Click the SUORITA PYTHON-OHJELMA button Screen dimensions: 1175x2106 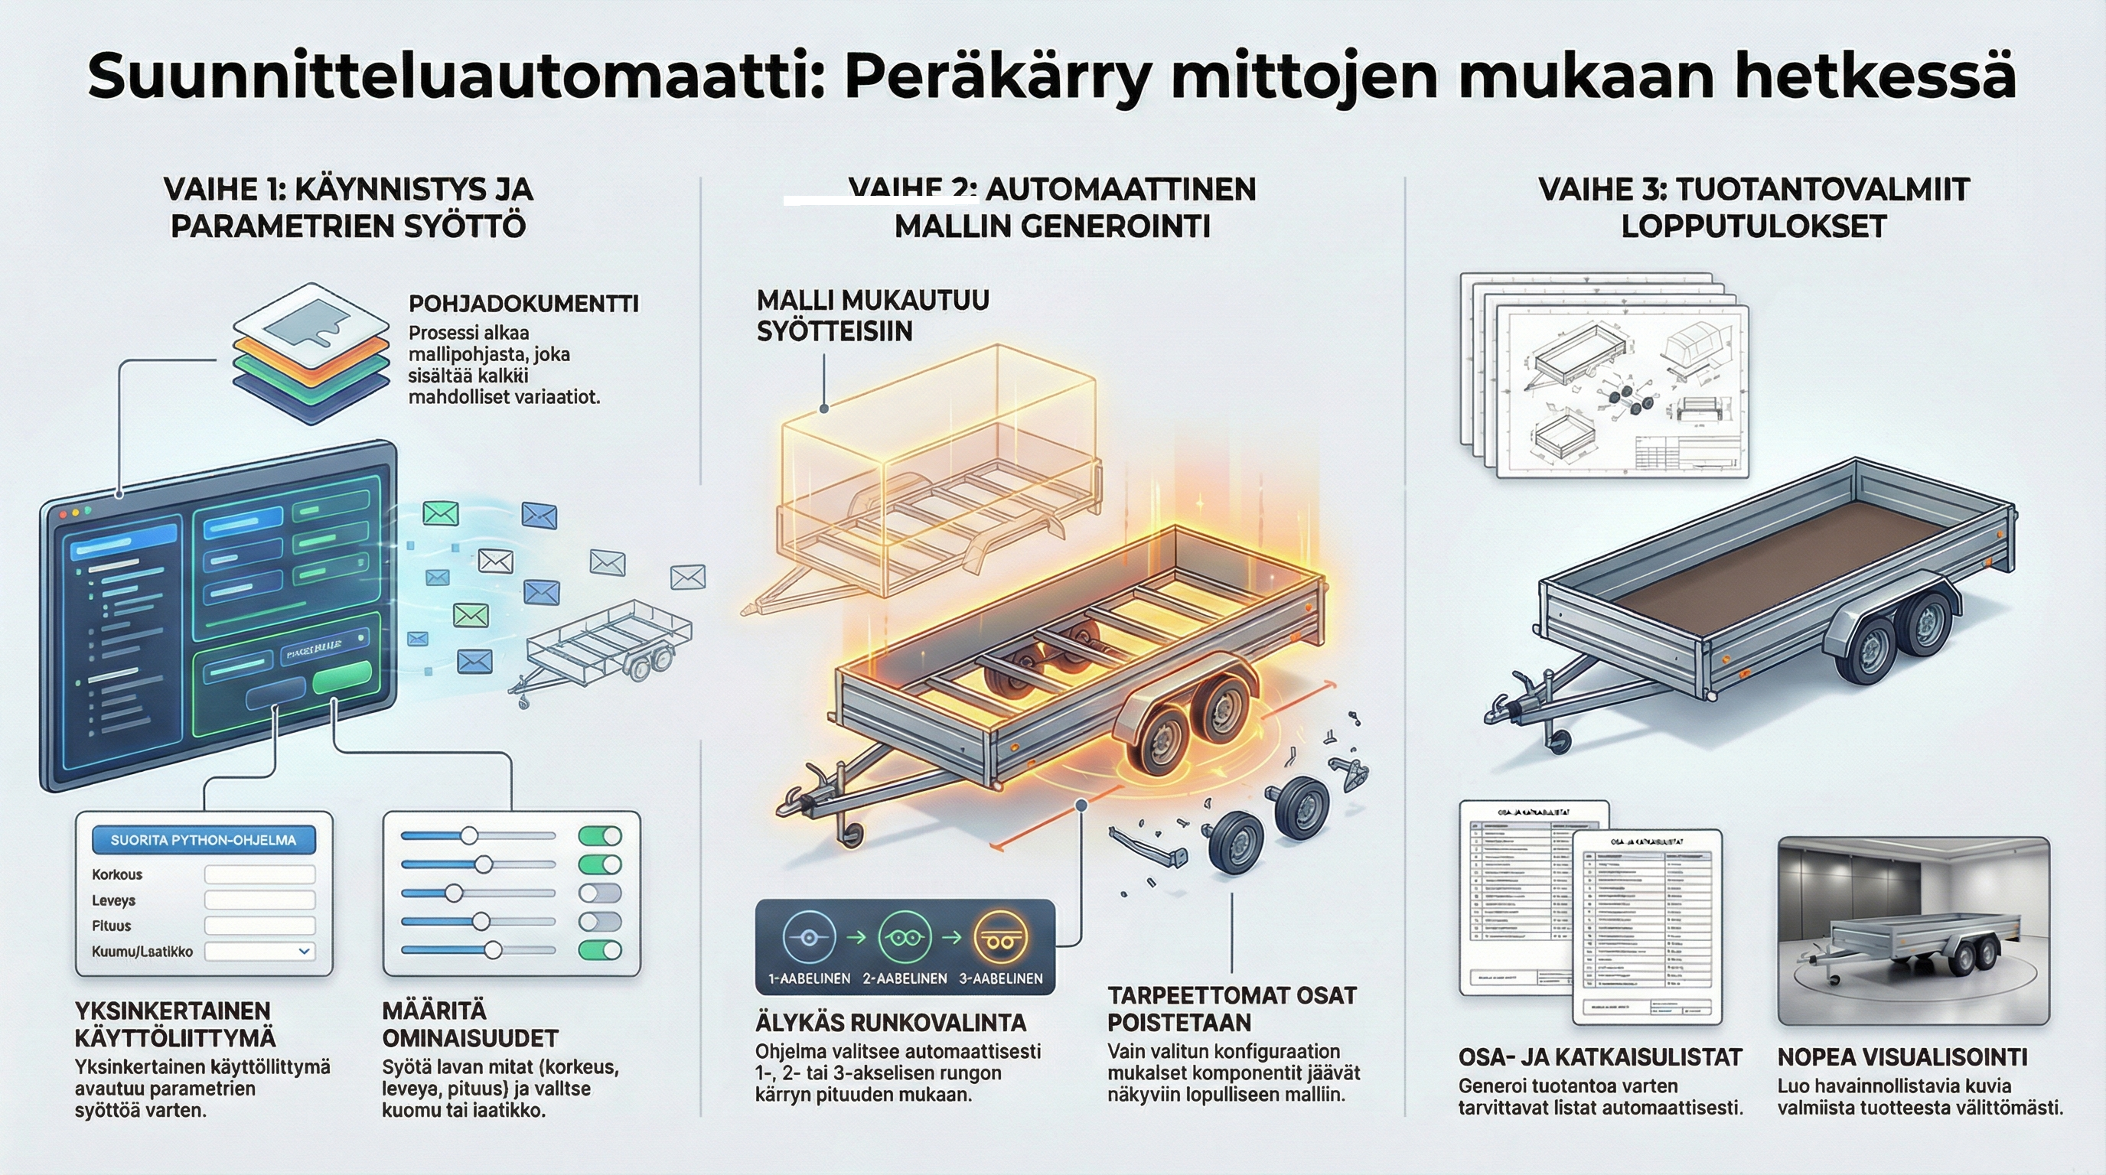[203, 840]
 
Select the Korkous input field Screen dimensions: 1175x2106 [259, 874]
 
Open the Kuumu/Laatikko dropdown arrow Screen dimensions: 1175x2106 [304, 951]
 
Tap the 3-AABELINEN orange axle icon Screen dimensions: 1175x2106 [1001, 939]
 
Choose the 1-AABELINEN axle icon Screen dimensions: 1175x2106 [809, 938]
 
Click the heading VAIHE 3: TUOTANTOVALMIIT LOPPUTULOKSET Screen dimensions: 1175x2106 [1754, 207]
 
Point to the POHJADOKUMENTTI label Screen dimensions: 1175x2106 [523, 304]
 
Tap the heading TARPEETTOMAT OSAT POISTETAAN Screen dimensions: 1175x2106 [1231, 1008]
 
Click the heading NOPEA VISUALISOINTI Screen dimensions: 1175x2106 [1902, 1057]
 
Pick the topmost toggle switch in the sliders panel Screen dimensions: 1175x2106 [599, 836]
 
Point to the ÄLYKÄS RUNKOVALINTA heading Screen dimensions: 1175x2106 [890, 1023]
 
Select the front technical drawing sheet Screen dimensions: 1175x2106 [1622, 392]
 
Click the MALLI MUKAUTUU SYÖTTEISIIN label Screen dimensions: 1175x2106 [872, 315]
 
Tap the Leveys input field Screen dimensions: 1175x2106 [259, 900]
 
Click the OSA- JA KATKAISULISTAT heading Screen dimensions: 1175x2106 [1599, 1057]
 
